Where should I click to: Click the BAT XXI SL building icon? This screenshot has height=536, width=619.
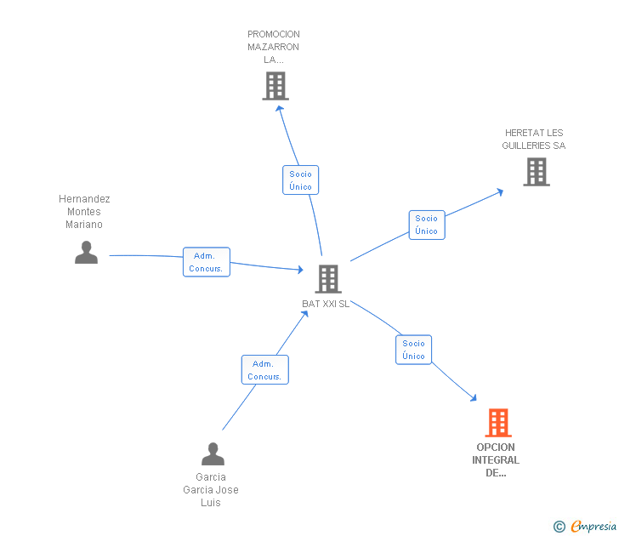click(x=328, y=279)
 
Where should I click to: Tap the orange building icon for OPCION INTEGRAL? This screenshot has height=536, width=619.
click(x=498, y=423)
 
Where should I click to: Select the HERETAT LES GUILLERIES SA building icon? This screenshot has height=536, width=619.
click(x=537, y=172)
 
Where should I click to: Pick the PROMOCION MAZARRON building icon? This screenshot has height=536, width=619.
click(x=275, y=86)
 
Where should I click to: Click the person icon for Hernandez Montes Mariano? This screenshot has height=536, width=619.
click(x=86, y=253)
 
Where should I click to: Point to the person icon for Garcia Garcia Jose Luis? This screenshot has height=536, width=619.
click(x=213, y=453)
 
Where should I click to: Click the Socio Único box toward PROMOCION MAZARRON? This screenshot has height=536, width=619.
click(x=300, y=180)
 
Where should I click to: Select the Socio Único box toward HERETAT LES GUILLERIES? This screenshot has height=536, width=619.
click(x=427, y=225)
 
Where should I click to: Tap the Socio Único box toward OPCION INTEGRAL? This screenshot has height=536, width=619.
click(x=414, y=350)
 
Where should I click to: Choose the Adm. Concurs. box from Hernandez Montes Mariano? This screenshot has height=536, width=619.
click(x=207, y=262)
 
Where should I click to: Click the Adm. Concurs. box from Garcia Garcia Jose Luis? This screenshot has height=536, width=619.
click(x=265, y=370)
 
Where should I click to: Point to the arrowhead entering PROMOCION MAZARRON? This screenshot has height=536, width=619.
click(x=279, y=108)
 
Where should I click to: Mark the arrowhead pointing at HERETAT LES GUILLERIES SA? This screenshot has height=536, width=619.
click(x=500, y=192)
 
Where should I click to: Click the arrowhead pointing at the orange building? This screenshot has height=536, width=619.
click(x=474, y=398)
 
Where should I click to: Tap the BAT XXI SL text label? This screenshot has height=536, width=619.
click(x=326, y=304)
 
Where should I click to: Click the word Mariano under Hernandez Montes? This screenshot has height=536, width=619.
click(x=84, y=225)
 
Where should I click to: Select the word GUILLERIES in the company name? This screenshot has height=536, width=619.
click(x=526, y=145)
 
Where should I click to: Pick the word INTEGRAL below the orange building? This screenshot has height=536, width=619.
click(x=496, y=460)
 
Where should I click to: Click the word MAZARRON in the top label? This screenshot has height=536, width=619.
click(x=273, y=47)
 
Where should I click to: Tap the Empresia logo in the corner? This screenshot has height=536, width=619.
click(x=585, y=526)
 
